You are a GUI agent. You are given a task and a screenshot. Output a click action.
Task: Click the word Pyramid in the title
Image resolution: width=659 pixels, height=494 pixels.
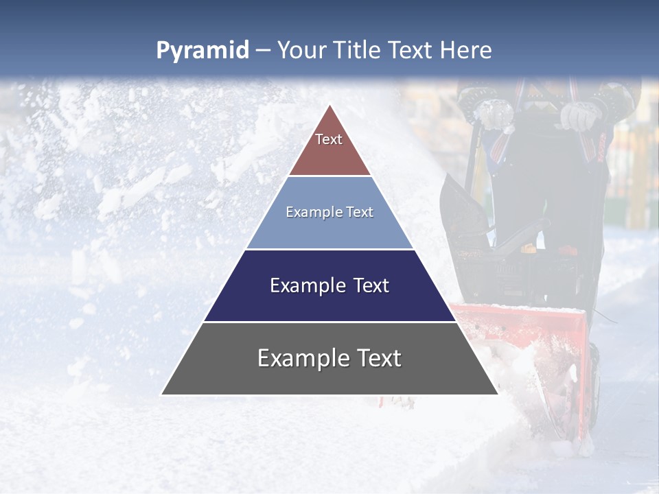tap(202, 51)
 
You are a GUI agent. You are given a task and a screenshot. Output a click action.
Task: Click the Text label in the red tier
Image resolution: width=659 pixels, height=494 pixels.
tap(329, 139)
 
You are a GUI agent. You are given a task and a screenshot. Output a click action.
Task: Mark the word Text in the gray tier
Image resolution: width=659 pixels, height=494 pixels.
tap(378, 358)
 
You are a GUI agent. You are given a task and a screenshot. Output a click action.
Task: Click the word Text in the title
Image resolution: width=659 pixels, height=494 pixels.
tap(411, 51)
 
